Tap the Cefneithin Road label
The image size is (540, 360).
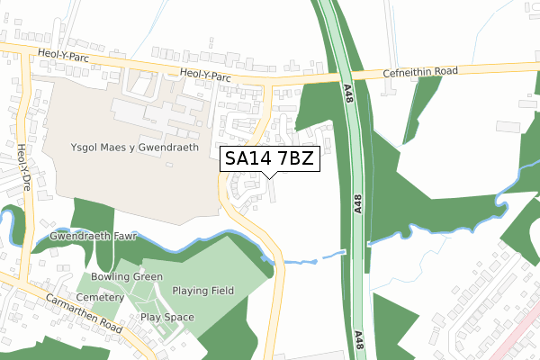tap(421, 71)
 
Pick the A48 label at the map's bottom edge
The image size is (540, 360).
tap(360, 340)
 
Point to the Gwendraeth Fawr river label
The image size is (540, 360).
tap(86, 237)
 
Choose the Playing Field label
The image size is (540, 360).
tap(203, 291)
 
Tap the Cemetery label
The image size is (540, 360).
tap(100, 297)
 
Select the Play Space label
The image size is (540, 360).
tap(167, 318)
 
